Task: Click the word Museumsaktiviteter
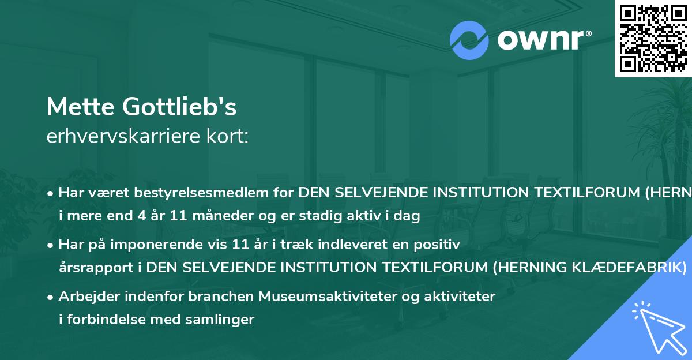point(319,297)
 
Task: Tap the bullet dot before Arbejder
point(51,297)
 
